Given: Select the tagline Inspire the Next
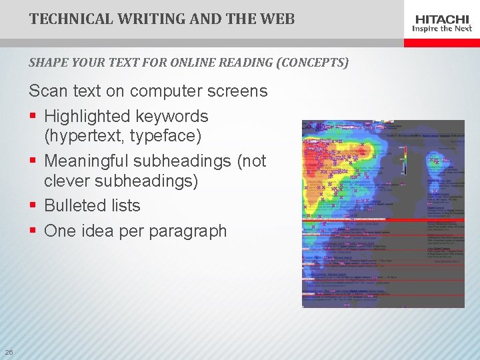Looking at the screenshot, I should pyautogui.click(x=442, y=29).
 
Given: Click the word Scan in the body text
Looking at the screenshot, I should pyautogui.click(x=47, y=91).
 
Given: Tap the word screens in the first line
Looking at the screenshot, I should pyautogui.click(x=237, y=91).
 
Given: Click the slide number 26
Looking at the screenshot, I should pyautogui.click(x=9, y=352).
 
